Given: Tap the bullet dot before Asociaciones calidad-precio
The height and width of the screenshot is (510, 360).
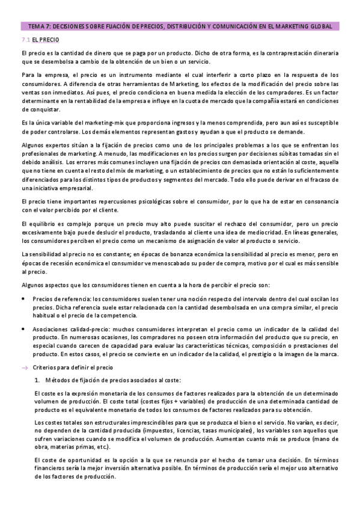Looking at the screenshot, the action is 23,329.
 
